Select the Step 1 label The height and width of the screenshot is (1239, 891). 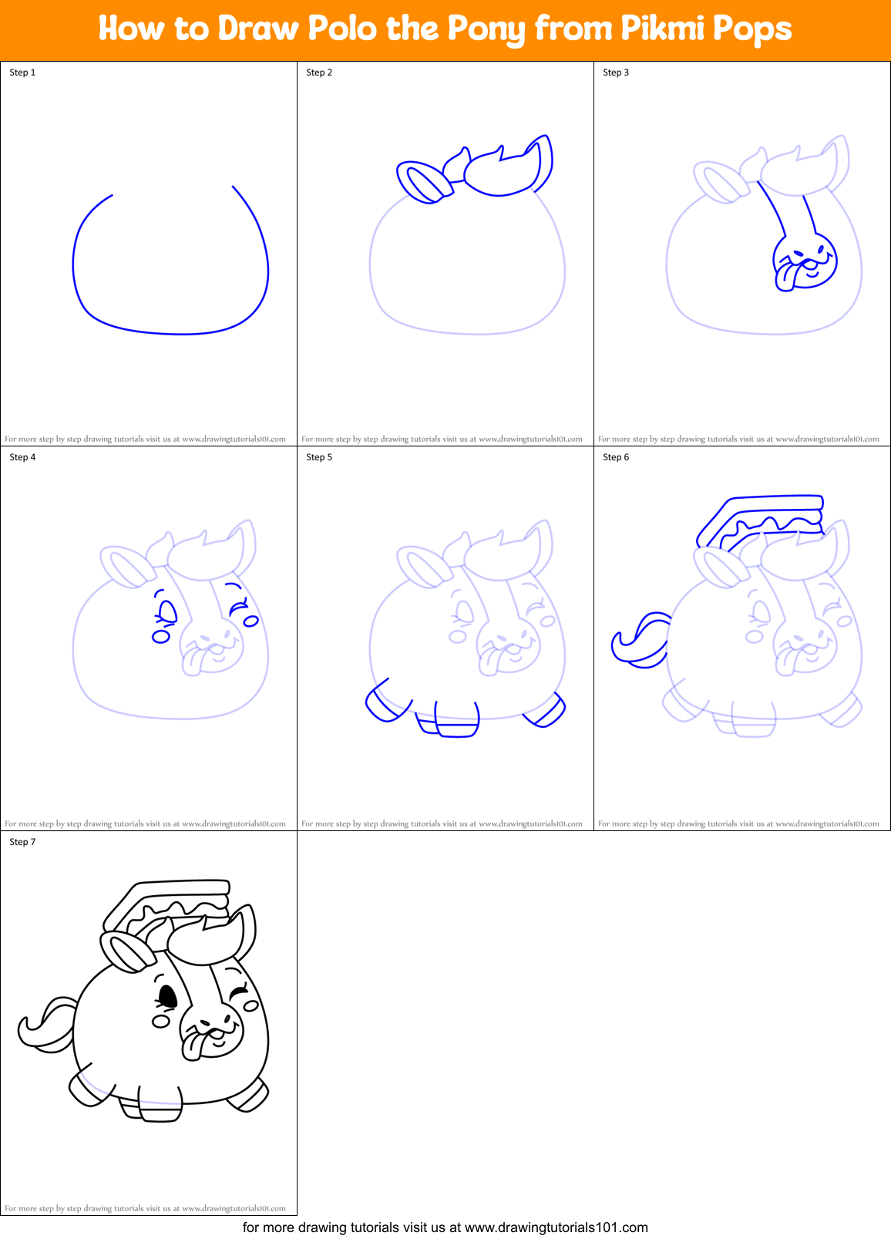[22, 72]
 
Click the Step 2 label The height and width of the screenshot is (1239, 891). [319, 72]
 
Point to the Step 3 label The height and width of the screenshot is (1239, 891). [616, 72]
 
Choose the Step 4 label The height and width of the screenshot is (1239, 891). [22, 457]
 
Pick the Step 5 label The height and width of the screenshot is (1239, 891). [319, 457]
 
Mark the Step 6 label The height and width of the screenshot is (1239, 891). [616, 457]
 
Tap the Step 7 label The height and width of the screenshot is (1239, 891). [22, 842]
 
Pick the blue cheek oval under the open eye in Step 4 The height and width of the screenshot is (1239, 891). [161, 637]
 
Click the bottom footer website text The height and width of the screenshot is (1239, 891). [445, 1227]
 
